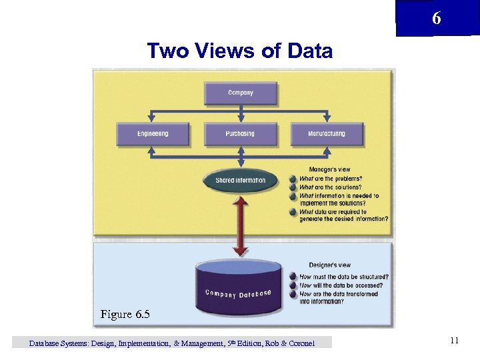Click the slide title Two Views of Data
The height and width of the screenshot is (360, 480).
(x=239, y=51)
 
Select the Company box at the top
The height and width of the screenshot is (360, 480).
(x=241, y=93)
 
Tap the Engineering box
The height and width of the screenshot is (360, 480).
(x=153, y=134)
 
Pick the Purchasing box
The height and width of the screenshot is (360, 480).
(x=240, y=134)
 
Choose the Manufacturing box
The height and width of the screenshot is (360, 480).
(x=327, y=134)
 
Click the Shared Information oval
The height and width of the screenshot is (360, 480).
(x=241, y=181)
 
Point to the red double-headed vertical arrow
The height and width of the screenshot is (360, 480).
(x=241, y=227)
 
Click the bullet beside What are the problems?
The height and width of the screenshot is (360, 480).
(x=293, y=179)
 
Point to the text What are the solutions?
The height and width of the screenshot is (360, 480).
(x=331, y=187)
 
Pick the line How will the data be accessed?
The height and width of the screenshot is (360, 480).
(x=341, y=285)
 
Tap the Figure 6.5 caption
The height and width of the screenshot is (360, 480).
(x=125, y=314)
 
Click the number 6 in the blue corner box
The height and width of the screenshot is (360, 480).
(x=436, y=19)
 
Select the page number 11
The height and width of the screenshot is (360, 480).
(x=454, y=341)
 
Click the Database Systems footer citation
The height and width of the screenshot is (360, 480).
(x=172, y=343)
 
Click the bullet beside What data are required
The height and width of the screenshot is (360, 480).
(x=293, y=212)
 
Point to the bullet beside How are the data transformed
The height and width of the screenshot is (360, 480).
(x=293, y=294)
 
